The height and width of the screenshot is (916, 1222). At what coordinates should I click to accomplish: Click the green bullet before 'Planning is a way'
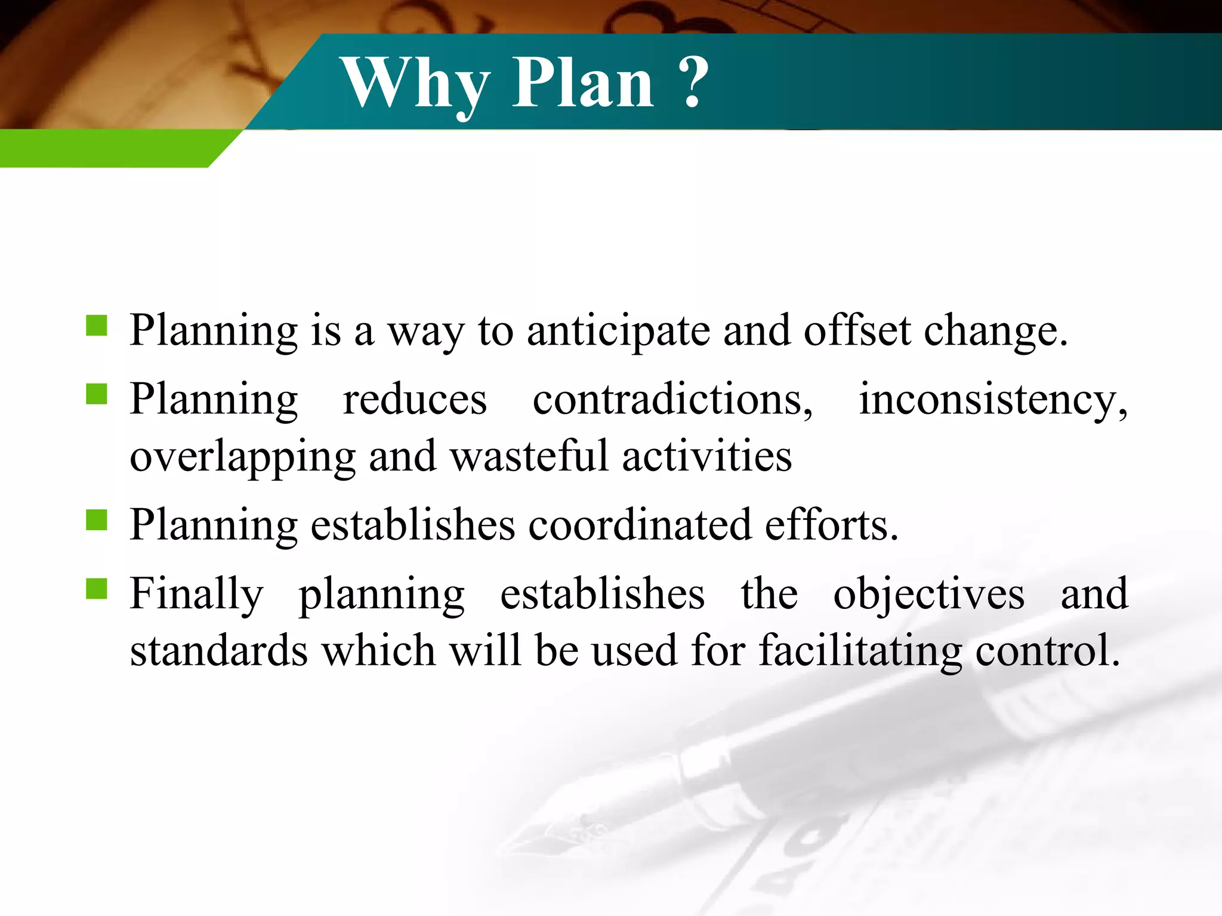coord(96,326)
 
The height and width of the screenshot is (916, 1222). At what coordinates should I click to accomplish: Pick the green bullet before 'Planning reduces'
coord(96,394)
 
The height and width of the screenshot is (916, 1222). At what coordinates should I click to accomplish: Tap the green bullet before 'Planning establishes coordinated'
coord(96,520)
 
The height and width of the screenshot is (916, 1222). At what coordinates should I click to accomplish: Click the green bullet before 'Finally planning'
coord(96,589)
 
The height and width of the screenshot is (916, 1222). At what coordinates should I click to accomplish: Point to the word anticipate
coord(618,332)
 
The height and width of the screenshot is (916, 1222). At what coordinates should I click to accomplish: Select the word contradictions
coord(672,399)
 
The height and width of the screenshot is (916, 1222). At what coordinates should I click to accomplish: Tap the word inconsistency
coord(993,399)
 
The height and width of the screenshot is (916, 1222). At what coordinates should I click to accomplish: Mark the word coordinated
coord(640,525)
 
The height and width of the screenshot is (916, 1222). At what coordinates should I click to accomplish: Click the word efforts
coord(831,525)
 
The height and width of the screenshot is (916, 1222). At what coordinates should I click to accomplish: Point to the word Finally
coord(196,594)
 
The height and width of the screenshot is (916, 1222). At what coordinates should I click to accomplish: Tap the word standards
coord(218,650)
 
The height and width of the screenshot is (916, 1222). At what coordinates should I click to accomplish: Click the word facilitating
coord(860,651)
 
